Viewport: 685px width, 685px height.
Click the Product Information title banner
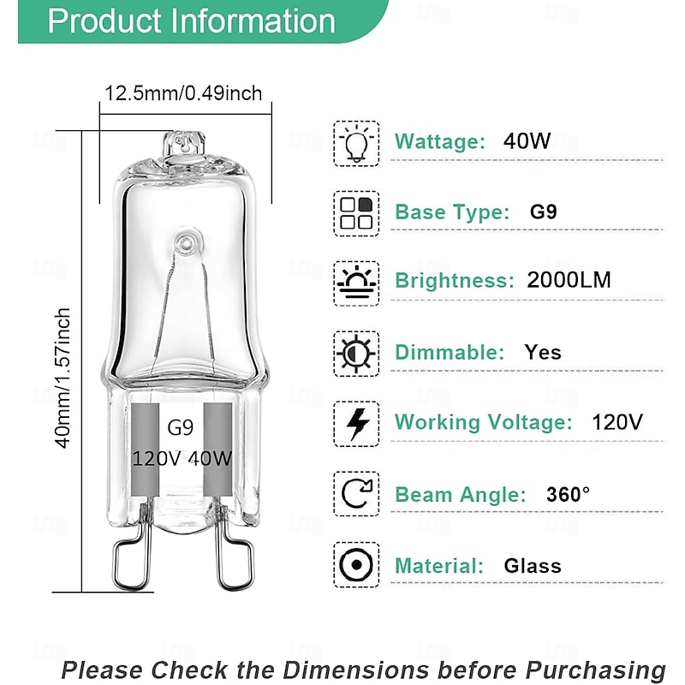(x=190, y=21)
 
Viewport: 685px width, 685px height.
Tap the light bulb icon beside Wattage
(x=355, y=142)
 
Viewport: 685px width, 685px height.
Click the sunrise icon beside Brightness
(x=355, y=281)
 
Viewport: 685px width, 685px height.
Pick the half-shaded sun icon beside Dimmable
(x=355, y=352)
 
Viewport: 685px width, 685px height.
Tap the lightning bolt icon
(x=355, y=422)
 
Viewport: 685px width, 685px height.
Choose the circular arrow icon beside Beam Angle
(x=355, y=494)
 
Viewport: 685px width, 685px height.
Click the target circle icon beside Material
(x=355, y=565)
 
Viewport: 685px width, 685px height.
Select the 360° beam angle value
(x=569, y=494)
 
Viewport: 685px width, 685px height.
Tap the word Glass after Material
(x=533, y=566)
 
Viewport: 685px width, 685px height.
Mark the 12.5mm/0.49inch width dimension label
(x=183, y=93)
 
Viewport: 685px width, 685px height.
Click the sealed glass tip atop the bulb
(x=185, y=144)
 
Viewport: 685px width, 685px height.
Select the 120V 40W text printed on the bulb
(x=182, y=458)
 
